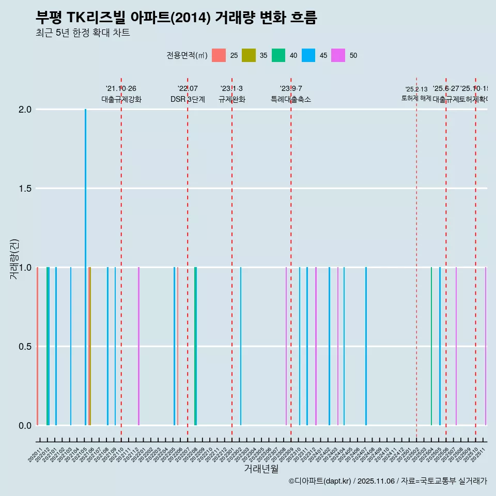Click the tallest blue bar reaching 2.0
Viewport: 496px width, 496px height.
[x=85, y=258]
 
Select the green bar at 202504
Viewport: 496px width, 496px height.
[x=431, y=346]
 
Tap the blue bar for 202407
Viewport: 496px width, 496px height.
[x=366, y=346]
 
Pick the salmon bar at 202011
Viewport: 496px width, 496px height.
[x=37, y=346]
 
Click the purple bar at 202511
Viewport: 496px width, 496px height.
[x=485, y=346]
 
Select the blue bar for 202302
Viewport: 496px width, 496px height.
[x=241, y=346]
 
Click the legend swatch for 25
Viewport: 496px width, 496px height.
[x=219, y=55]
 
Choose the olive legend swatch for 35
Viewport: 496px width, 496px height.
[x=249, y=55]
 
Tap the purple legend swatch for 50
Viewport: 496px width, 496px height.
[x=338, y=55]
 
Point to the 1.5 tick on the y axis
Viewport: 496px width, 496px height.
[x=24, y=189]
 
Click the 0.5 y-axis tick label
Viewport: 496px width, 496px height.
[x=24, y=347]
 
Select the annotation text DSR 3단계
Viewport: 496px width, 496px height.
[x=188, y=100]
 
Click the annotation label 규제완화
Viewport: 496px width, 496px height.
[x=231, y=100]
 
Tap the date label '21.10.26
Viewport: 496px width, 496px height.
[x=121, y=89]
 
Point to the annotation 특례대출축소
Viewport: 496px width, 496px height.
[x=291, y=100]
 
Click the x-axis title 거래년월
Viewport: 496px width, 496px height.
[x=261, y=469]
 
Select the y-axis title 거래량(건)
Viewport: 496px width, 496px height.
[x=14, y=259]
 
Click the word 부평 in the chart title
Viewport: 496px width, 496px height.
[x=49, y=18]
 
